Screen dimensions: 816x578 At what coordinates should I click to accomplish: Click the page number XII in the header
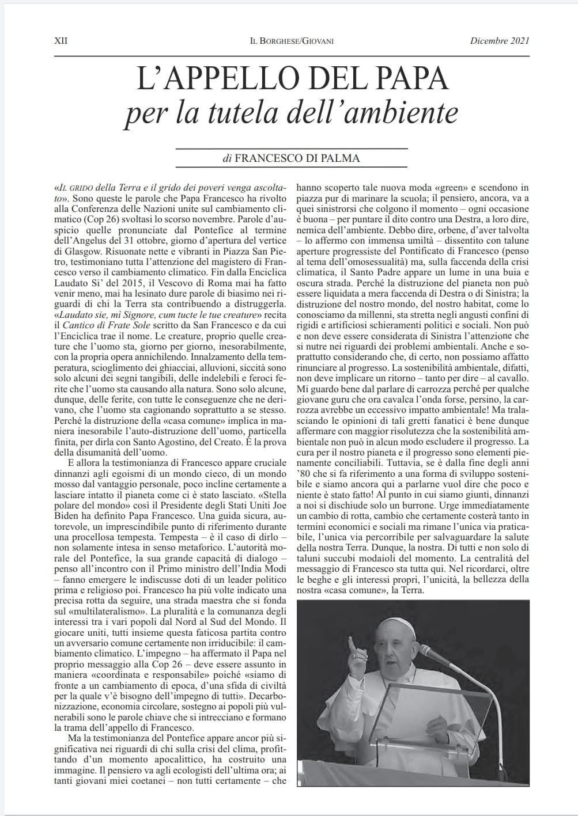pos(60,41)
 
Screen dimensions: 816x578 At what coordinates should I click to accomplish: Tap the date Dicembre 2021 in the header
pos(500,41)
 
